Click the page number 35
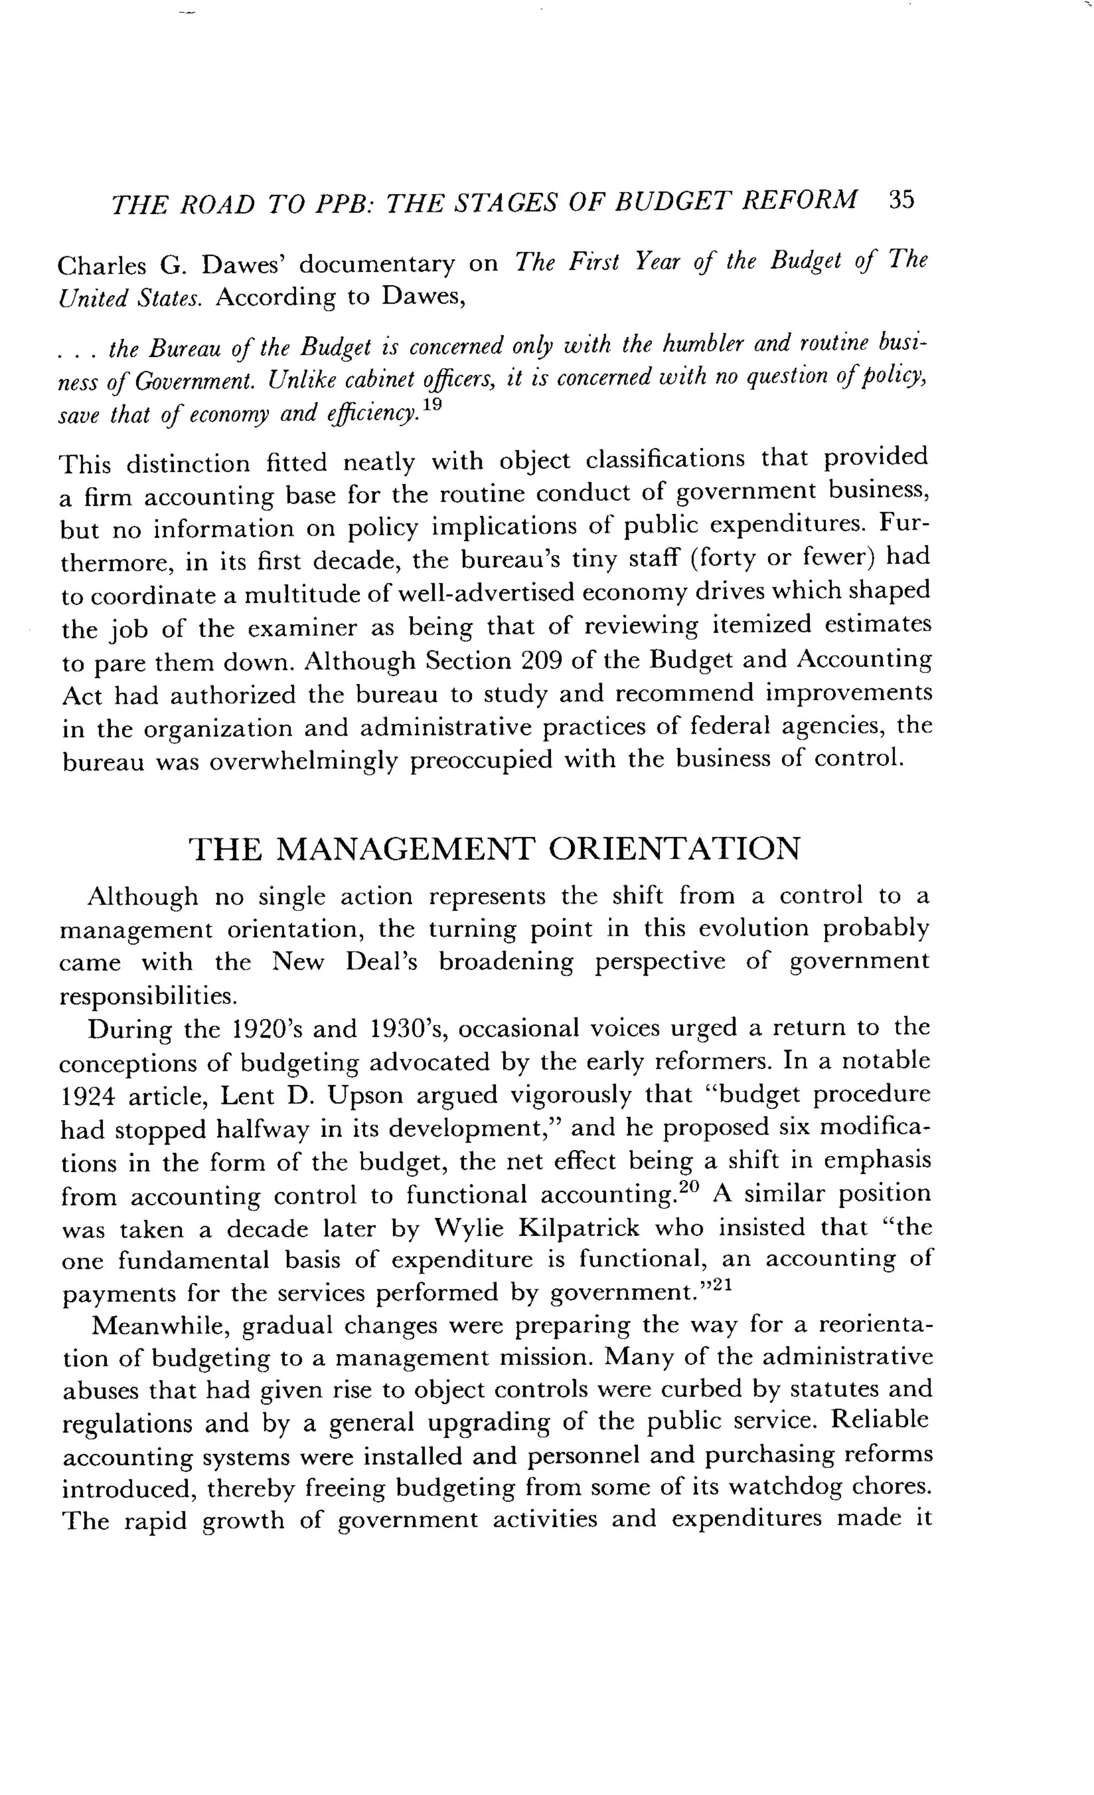click(901, 200)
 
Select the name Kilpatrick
click(579, 1228)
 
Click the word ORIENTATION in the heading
click(674, 849)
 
